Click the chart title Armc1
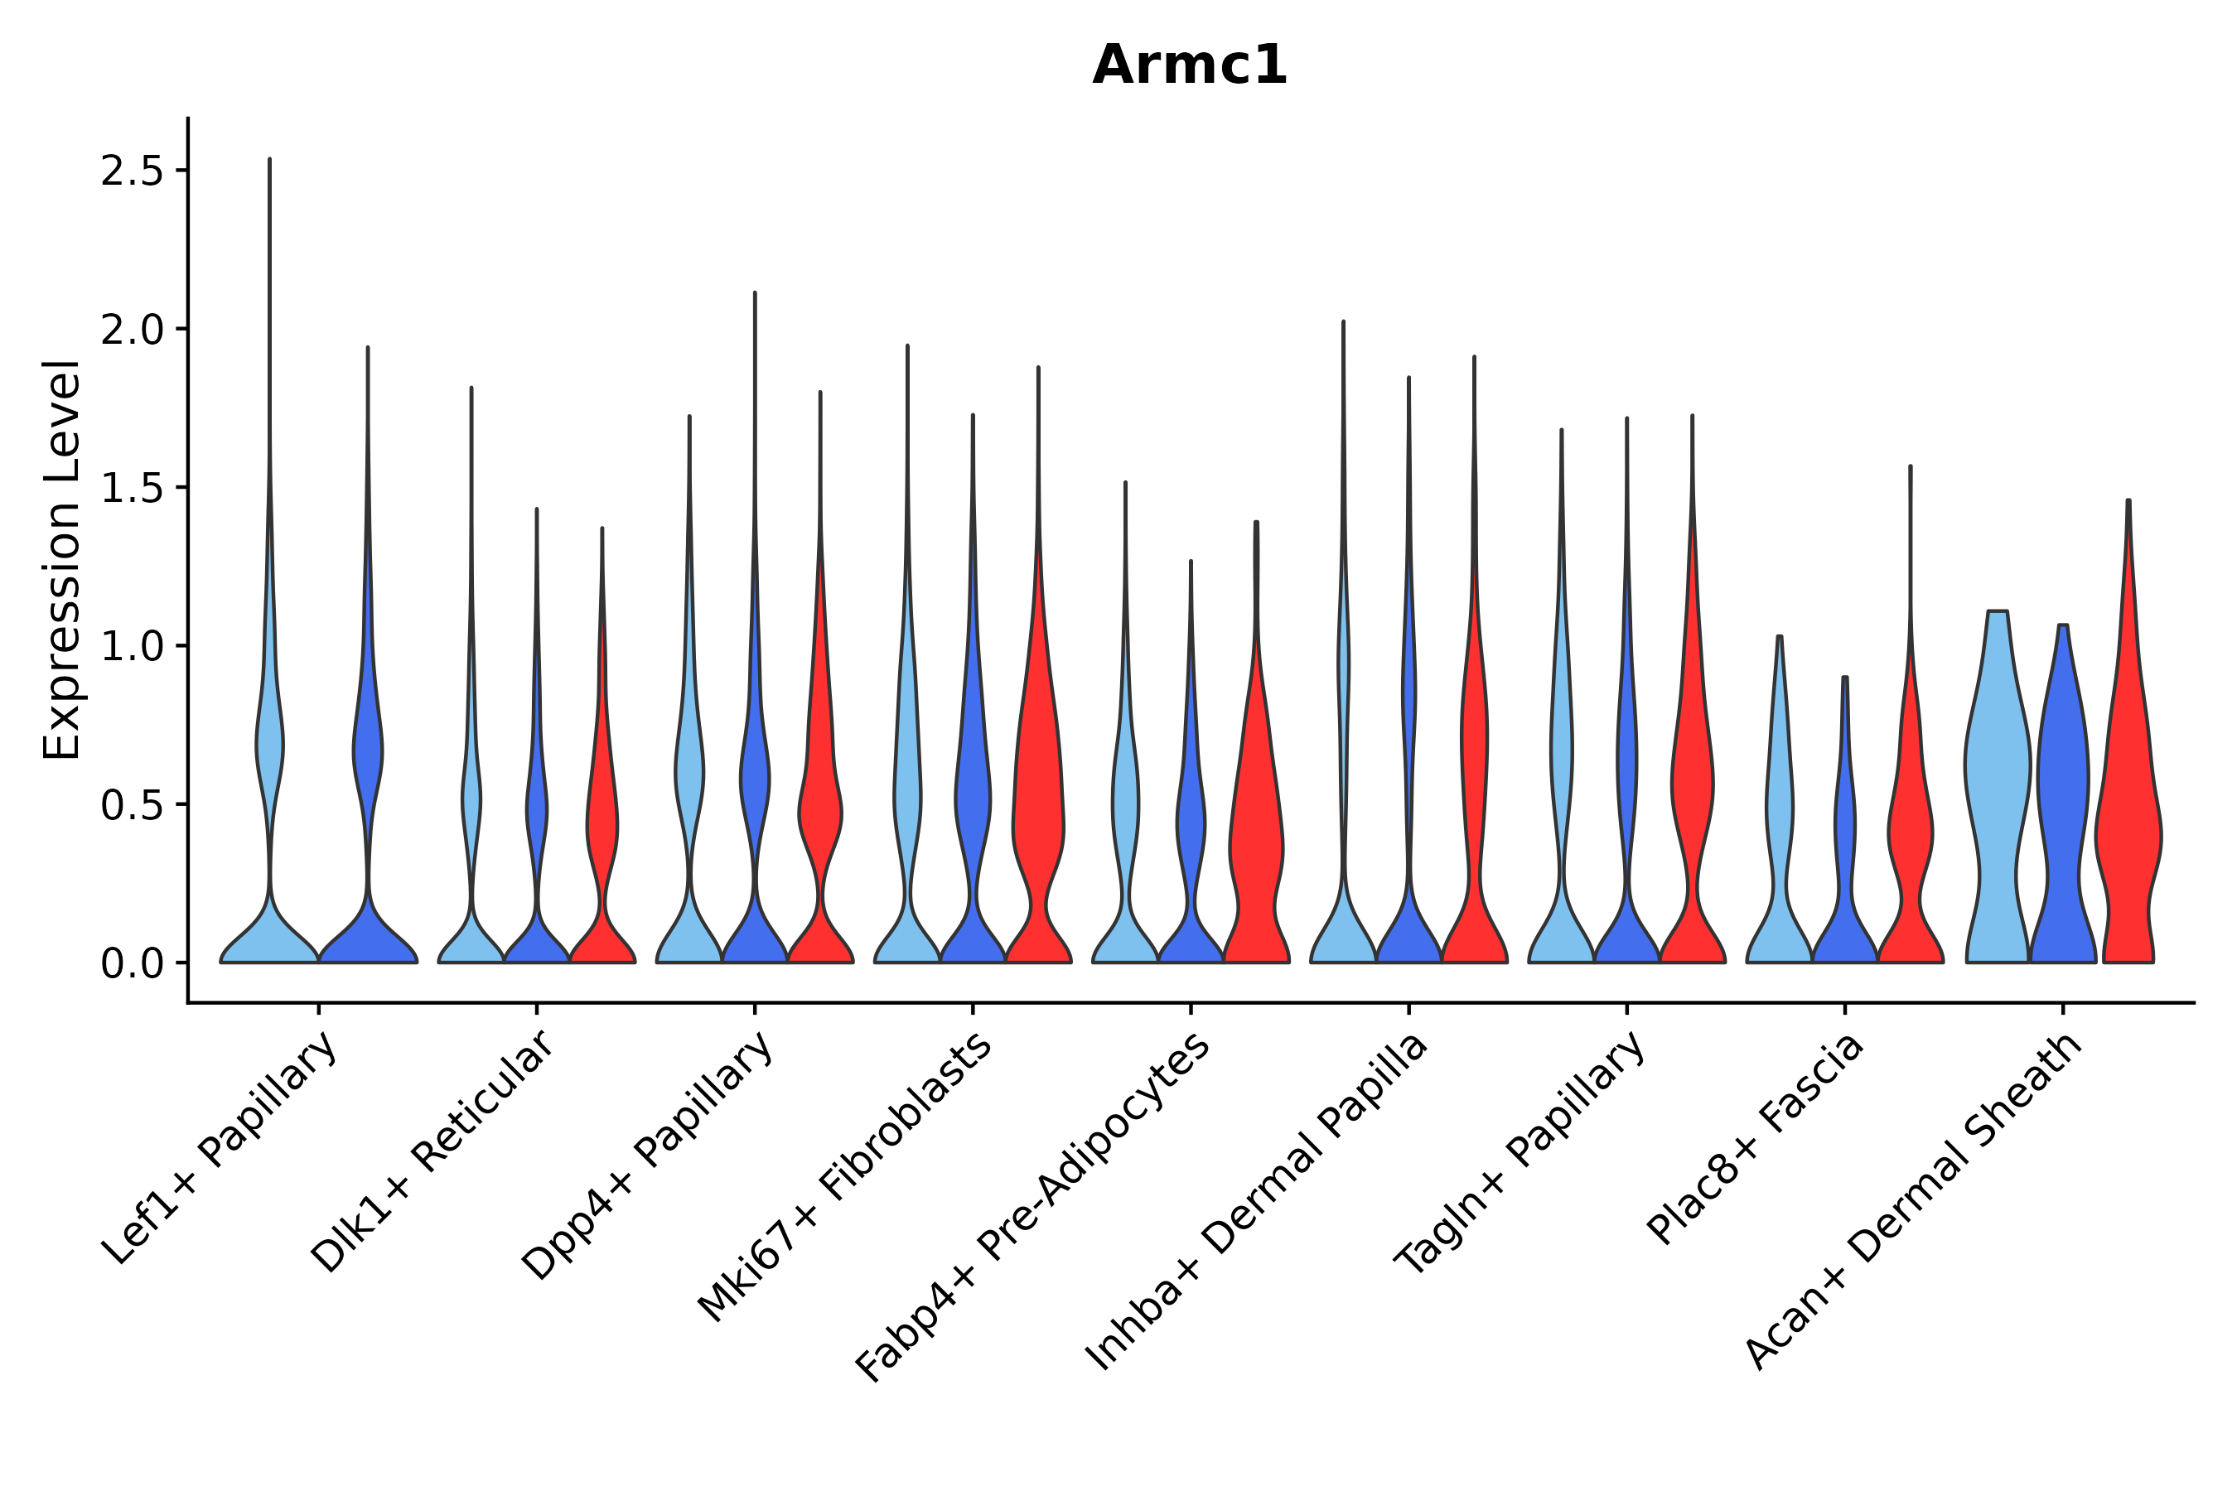pyautogui.click(x=1189, y=66)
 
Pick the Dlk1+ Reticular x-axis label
pyautogui.click(x=432, y=1151)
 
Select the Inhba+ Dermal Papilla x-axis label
pyautogui.click(x=1258, y=1202)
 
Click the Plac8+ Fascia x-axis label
pyautogui.click(x=1756, y=1138)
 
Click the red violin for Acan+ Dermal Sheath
pyautogui.click(x=2128, y=837)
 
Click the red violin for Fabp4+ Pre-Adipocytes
pyautogui.click(x=1255, y=837)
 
